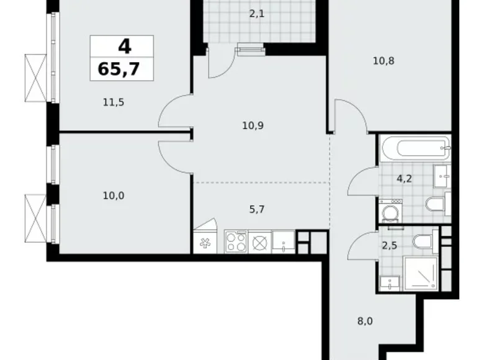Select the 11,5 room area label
(114, 102)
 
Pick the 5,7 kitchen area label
(257, 210)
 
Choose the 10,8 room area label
(384, 61)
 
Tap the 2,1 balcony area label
(257, 12)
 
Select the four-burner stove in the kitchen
(236, 241)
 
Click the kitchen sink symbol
(284, 241)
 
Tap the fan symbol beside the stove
(204, 243)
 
